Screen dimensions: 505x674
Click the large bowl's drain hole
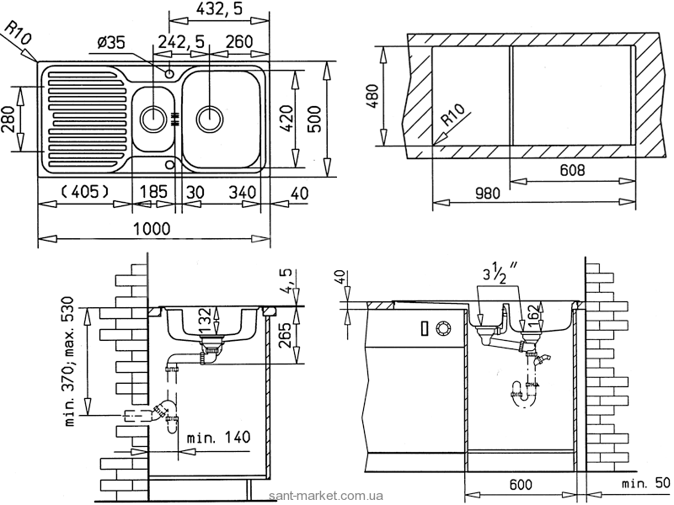pos(209,117)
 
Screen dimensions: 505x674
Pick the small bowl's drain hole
pos(154,117)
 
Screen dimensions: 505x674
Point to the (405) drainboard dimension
pos(84,192)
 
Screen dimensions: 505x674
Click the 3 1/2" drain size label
pos(499,274)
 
